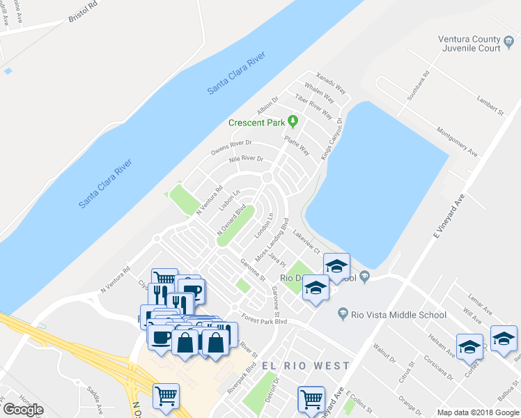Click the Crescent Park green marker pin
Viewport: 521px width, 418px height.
pos(293,123)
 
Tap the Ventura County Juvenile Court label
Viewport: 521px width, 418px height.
pos(469,44)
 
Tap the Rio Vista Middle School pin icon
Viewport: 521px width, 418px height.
pos(343,315)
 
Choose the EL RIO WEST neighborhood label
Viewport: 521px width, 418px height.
pos(306,366)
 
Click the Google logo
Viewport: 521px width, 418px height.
pos(23,410)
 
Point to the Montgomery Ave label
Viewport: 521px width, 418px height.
pos(457,141)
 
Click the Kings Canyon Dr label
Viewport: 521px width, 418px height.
pos(333,140)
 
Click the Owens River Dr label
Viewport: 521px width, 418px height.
pos(231,148)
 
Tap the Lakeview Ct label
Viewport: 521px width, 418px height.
pos(306,240)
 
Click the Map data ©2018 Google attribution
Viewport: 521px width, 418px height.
pos(478,412)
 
